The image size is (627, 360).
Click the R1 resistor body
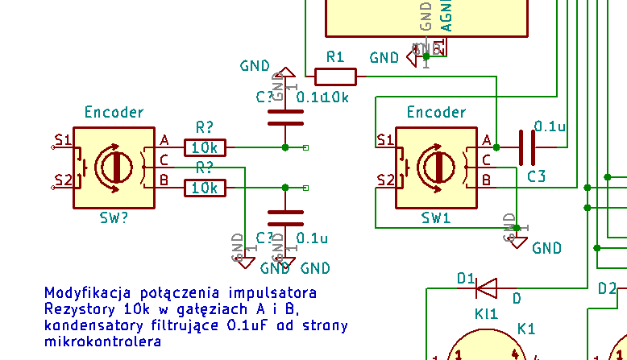pyautogui.click(x=335, y=77)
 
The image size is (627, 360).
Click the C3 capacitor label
pyautogui.click(x=537, y=176)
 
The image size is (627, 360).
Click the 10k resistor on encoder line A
pyautogui.click(x=206, y=147)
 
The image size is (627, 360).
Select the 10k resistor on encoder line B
pyautogui.click(x=206, y=188)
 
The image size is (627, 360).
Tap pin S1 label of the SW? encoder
pyautogui.click(x=63, y=140)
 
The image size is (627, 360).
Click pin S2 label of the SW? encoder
pyautogui.click(x=63, y=179)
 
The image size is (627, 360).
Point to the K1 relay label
pyautogui.click(x=526, y=329)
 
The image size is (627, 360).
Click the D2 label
pyautogui.click(x=607, y=288)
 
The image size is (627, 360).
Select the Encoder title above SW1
pyautogui.click(x=436, y=112)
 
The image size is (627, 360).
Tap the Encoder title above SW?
pyautogui.click(x=114, y=112)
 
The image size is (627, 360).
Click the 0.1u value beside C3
pyautogui.click(x=550, y=126)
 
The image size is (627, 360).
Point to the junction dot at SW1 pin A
pyautogui.click(x=496, y=147)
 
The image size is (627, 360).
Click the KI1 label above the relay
pyautogui.click(x=487, y=313)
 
